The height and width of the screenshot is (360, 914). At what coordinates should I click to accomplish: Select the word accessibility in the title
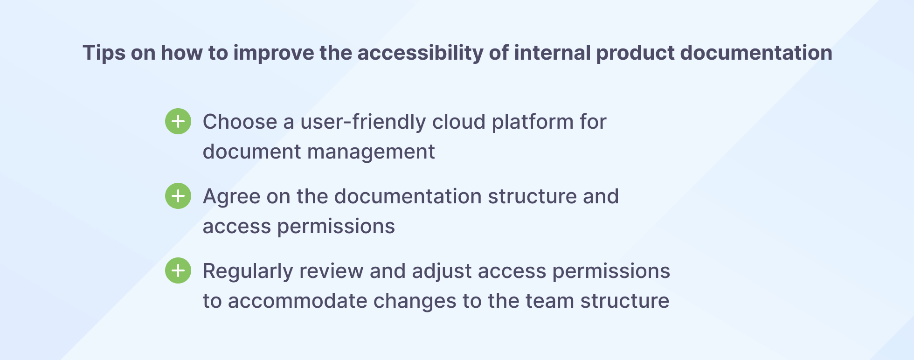click(x=420, y=53)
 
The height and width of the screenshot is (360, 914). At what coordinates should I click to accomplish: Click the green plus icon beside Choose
click(x=178, y=122)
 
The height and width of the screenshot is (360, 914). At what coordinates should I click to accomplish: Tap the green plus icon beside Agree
click(x=178, y=196)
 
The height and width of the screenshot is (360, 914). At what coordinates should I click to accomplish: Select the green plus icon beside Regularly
click(x=178, y=271)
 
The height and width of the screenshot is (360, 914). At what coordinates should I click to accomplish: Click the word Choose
click(x=240, y=122)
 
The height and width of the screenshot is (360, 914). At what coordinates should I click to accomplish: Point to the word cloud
click(x=459, y=122)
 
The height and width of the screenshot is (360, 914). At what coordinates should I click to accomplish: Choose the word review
click(x=331, y=271)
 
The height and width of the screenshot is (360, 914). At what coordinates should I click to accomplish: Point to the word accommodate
click(x=298, y=301)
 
